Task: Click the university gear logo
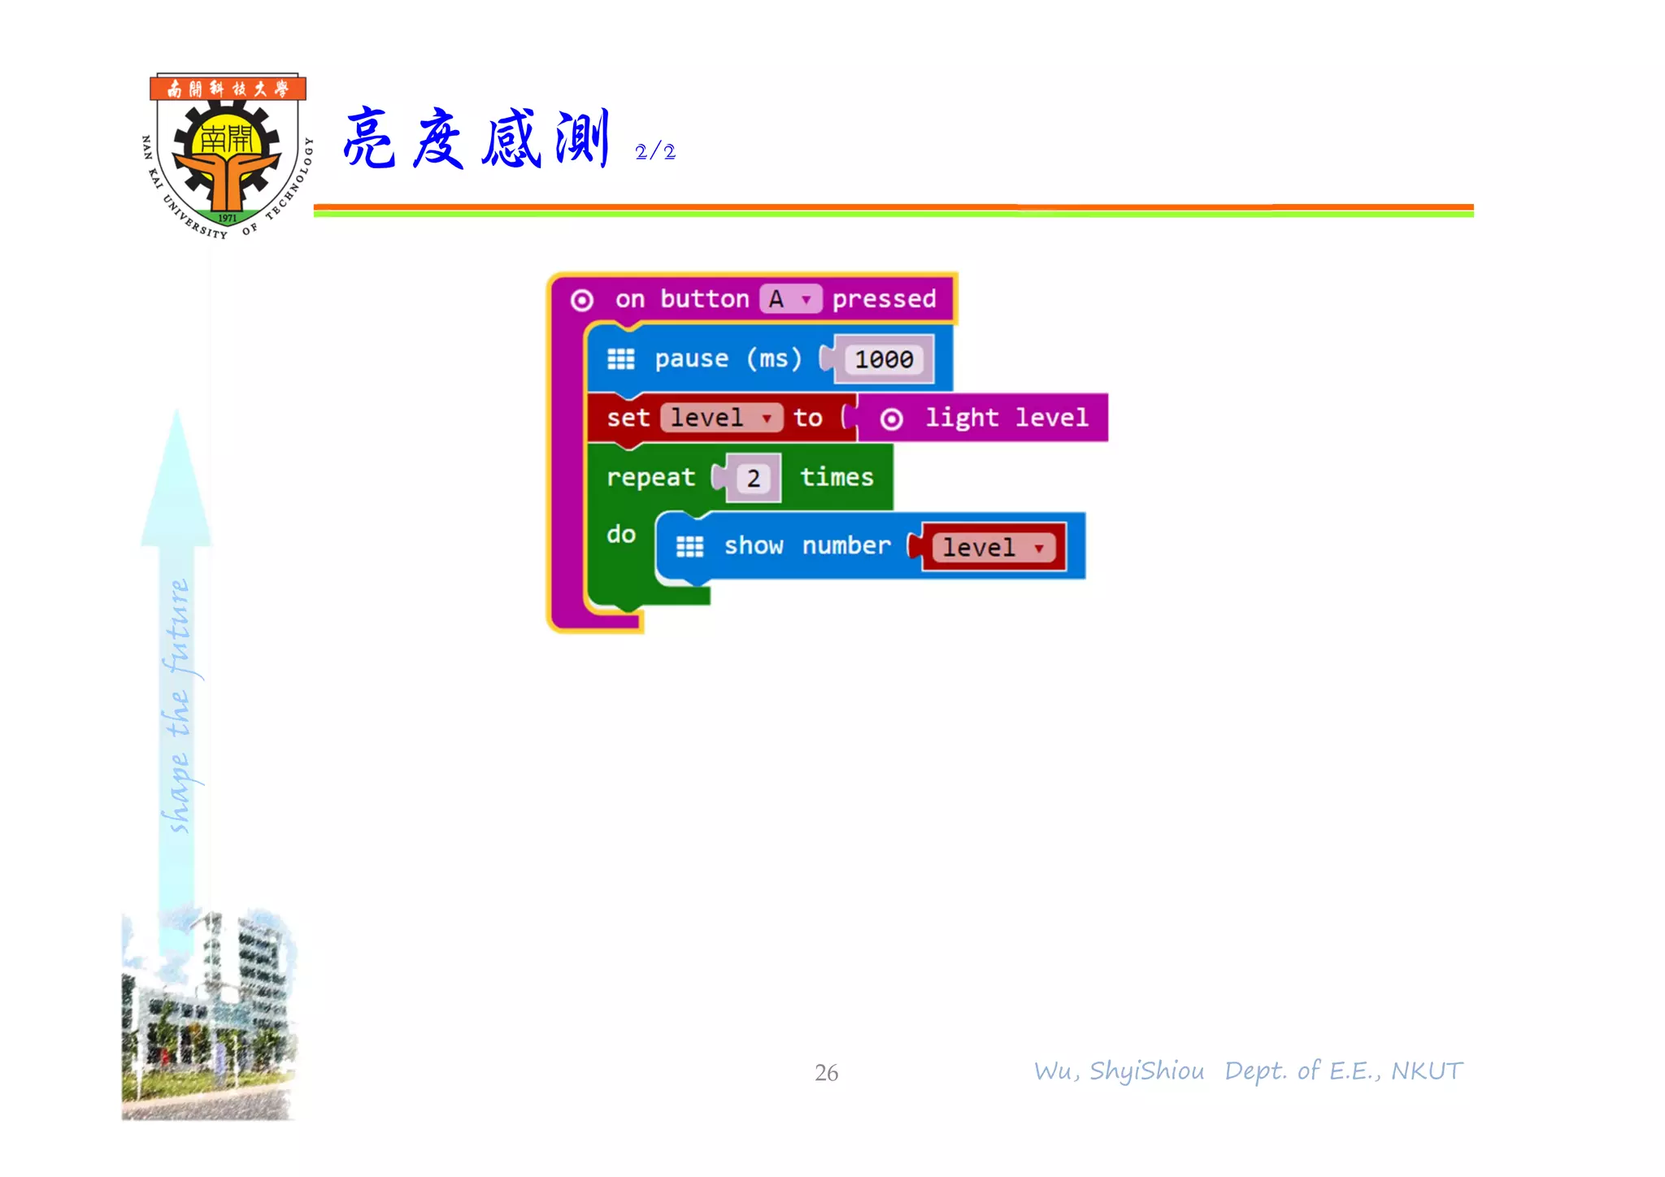[x=227, y=155]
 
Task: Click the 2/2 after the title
[x=654, y=152]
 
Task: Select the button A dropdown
[x=791, y=299]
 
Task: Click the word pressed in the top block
[x=884, y=299]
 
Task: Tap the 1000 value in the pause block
[x=884, y=359]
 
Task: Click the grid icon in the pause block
[x=621, y=359]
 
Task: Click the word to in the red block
[x=807, y=418]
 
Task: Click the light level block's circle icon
[x=892, y=419]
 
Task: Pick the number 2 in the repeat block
[x=754, y=479]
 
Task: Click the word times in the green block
[x=837, y=477]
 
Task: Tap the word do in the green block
[x=621, y=534]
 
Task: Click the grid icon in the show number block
[x=690, y=547]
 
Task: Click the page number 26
[x=826, y=1073]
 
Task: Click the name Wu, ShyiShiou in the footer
[x=1119, y=1071]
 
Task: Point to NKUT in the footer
[x=1427, y=1071]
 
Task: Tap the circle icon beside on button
[x=582, y=301]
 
